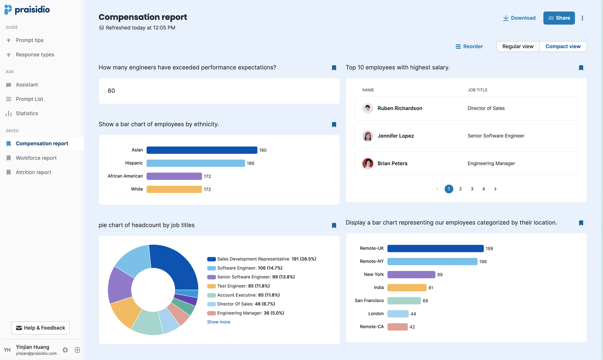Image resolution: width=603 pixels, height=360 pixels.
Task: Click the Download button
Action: point(519,18)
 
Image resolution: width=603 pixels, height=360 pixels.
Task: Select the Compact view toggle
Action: point(563,47)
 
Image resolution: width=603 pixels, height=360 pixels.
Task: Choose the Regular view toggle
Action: point(518,47)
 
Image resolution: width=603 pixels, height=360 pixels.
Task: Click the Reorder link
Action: point(469,47)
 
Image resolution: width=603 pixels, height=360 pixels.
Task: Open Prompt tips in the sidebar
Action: point(29,40)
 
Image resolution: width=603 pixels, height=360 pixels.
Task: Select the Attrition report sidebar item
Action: point(33,172)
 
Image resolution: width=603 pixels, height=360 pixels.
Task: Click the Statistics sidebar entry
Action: point(27,113)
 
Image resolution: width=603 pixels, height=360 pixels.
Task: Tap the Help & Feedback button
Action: point(41,328)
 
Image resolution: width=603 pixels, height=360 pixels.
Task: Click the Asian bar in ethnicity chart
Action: point(202,150)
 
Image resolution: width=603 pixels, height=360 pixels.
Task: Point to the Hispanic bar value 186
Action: point(250,164)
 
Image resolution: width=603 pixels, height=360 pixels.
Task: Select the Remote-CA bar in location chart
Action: point(398,327)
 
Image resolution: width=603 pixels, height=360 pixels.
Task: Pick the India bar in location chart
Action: point(407,288)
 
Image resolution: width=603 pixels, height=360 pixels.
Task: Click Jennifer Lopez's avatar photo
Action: point(368,136)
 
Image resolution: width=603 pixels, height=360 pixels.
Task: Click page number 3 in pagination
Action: point(472,189)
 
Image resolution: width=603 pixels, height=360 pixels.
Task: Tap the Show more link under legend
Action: point(219,322)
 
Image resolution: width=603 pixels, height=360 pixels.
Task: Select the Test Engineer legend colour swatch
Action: point(211,286)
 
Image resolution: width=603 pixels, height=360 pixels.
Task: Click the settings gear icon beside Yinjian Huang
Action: point(65,350)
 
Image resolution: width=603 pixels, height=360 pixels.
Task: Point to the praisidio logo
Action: point(27,10)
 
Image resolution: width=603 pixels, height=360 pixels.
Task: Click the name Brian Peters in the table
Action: point(392,164)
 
